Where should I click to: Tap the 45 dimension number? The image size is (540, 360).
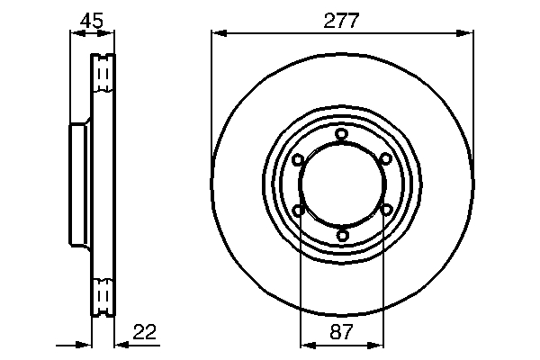tap(92, 20)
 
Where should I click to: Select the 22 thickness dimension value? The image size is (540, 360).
tap(144, 331)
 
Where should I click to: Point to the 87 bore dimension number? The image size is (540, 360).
tap(342, 331)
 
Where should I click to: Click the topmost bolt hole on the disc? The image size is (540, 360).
tap(342, 135)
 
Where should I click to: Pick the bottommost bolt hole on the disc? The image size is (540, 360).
tap(342, 236)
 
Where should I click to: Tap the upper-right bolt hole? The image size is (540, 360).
tap(385, 160)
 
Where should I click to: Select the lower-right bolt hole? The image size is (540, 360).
tap(385, 211)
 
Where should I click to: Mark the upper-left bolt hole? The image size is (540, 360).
tap(298, 160)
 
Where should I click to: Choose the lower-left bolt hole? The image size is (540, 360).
tap(298, 211)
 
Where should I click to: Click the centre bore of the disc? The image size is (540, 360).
tap(342, 185)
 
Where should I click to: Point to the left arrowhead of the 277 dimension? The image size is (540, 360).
tap(217, 34)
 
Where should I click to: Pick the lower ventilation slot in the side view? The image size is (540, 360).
tap(104, 294)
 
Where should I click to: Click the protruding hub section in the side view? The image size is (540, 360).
tap(78, 184)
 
